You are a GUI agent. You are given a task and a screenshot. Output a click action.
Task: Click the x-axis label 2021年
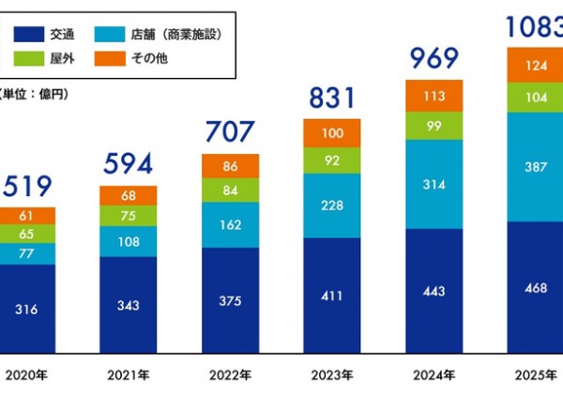point(129,375)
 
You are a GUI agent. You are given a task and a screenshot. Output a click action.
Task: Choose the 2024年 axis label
point(434,375)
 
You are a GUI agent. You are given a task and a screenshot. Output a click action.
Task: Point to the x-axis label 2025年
point(535,375)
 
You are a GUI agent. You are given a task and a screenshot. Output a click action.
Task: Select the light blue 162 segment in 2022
point(230,225)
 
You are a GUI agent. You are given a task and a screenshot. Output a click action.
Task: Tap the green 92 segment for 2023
point(331,160)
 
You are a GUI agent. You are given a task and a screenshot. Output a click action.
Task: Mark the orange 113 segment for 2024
point(434,95)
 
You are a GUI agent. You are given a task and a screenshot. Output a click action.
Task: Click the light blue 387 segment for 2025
point(535,167)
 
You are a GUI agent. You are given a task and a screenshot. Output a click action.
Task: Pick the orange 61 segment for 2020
point(27,216)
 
